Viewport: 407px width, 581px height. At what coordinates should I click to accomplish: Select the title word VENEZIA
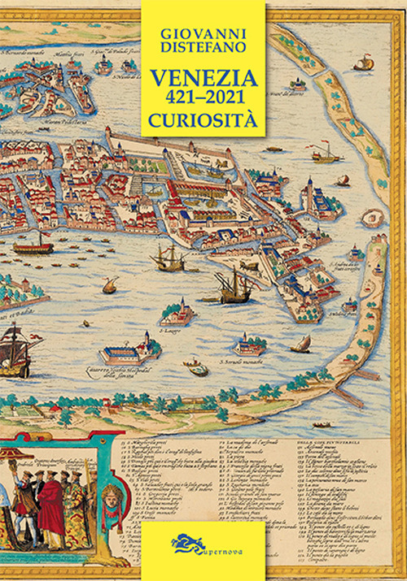[x=203, y=79]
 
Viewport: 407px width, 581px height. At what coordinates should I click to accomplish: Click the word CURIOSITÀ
[x=203, y=122]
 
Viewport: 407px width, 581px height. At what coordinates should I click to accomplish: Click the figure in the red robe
[x=51, y=504]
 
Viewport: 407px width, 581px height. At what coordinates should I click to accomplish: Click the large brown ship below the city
[x=232, y=286]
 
